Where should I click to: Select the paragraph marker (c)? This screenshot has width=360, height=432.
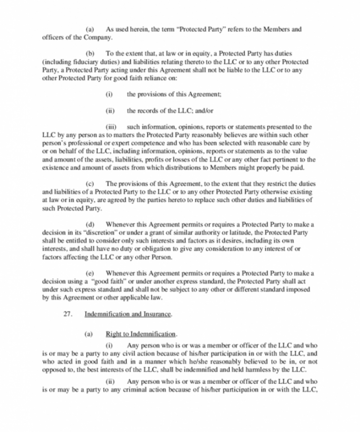tap(89, 183)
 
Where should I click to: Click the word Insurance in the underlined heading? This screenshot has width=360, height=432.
tap(156, 314)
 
